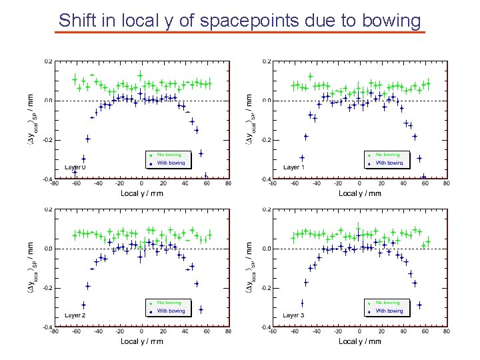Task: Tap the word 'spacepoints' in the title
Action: [243, 20]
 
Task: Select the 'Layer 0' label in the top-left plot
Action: [75, 167]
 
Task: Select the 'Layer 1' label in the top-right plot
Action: [294, 167]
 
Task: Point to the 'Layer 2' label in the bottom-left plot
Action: [75, 315]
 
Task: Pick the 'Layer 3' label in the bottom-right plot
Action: [294, 315]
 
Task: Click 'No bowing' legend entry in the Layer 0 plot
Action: [169, 155]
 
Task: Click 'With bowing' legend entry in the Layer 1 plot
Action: [389, 163]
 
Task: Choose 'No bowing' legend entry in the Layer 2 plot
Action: [169, 303]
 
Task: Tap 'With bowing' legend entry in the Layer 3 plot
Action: [389, 311]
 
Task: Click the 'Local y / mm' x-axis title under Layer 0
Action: [141, 193]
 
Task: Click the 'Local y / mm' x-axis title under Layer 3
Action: [360, 341]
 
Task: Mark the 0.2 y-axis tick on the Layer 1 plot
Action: [267, 61]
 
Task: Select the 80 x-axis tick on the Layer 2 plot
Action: [228, 331]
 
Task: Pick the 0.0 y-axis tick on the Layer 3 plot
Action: [267, 249]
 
